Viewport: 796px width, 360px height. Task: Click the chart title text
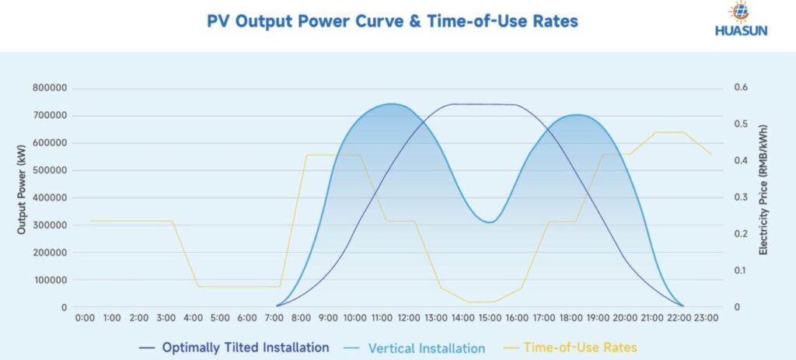pos(393,21)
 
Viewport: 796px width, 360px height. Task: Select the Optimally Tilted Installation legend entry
pos(245,347)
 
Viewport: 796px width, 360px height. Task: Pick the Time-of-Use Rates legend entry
pos(579,347)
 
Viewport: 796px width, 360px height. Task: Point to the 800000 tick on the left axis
pos(50,88)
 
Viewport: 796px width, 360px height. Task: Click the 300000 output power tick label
pos(50,225)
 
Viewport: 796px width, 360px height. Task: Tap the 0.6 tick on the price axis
pos(740,88)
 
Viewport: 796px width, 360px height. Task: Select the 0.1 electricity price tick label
pos(740,271)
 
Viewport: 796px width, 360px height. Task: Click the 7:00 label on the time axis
pos(274,318)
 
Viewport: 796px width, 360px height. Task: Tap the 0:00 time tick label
pos(85,318)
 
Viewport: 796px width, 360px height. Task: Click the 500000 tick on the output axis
pos(50,170)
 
